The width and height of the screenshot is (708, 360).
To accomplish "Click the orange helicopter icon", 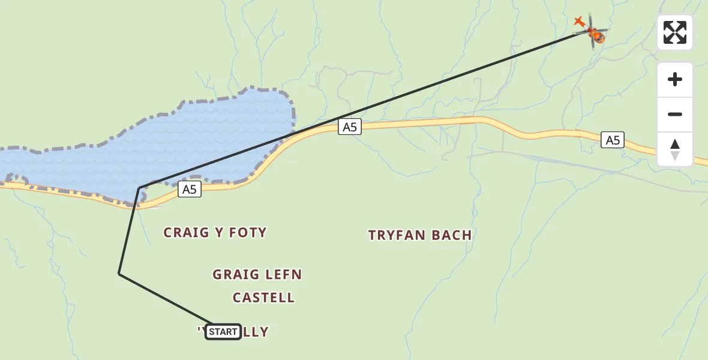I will tap(592, 31).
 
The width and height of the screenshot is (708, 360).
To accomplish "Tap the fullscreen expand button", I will tap(674, 32).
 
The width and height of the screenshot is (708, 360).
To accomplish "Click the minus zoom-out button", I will tap(674, 115).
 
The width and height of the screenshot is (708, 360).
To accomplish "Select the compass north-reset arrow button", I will tap(674, 149).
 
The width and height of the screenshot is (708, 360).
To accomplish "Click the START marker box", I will tap(223, 332).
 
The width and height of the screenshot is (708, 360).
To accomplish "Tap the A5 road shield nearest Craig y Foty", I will tap(189, 190).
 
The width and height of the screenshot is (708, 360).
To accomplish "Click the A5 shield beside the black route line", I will tap(349, 127).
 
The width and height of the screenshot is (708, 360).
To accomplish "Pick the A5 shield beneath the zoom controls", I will tap(612, 140).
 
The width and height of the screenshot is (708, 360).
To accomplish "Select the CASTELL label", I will tap(263, 298).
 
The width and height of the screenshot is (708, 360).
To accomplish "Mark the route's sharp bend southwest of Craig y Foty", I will tap(119, 274).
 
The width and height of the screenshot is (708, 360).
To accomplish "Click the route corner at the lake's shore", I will tap(139, 188).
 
